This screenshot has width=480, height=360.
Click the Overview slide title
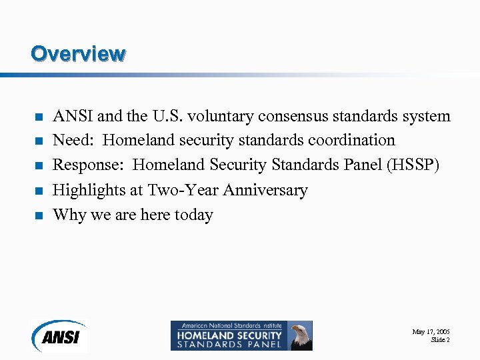point(78,53)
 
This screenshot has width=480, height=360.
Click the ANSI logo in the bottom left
point(59,336)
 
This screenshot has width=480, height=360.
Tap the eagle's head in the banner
point(301,331)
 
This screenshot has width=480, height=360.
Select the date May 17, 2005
point(431,331)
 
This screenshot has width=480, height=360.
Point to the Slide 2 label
point(440,340)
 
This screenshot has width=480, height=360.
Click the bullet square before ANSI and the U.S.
point(39,117)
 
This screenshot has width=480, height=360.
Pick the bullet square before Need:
point(39,141)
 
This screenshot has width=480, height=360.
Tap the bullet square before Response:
point(39,166)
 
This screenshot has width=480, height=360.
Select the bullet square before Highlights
point(39,191)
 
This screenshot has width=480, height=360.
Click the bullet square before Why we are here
point(39,215)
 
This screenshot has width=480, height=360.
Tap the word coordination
point(351,141)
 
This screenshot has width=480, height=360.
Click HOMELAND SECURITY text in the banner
point(228,335)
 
